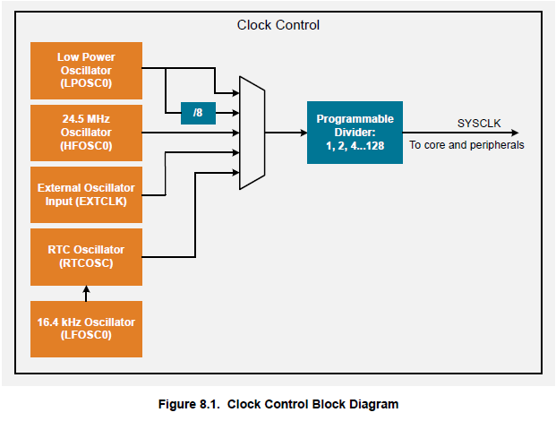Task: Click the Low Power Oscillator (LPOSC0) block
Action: pos(86,70)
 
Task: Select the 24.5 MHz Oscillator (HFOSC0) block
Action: pos(86,132)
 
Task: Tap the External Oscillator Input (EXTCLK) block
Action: pos(86,194)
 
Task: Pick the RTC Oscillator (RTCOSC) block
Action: pos(86,256)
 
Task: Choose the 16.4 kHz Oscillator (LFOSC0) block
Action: pos(86,328)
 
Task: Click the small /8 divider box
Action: pos(197,113)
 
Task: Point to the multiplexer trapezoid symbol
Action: pos(252,133)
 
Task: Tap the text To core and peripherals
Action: pos(466,144)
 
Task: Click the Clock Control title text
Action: pos(278,24)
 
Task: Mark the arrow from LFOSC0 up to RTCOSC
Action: pos(86,293)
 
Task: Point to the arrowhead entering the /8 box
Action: pos(175,113)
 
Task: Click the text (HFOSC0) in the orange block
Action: pos(86,145)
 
